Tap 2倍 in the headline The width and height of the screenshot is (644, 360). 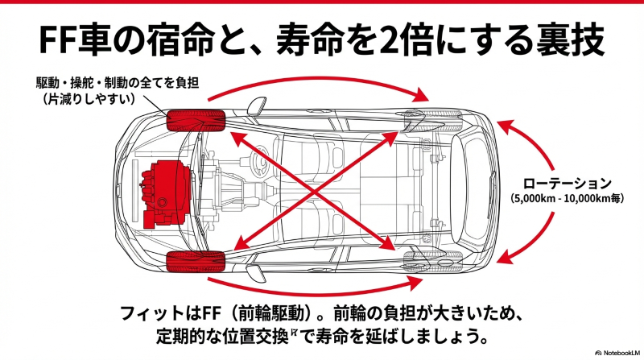[390, 39]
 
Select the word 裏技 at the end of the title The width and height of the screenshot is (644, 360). [577, 39]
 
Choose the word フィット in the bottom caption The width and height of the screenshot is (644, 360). [146, 312]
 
